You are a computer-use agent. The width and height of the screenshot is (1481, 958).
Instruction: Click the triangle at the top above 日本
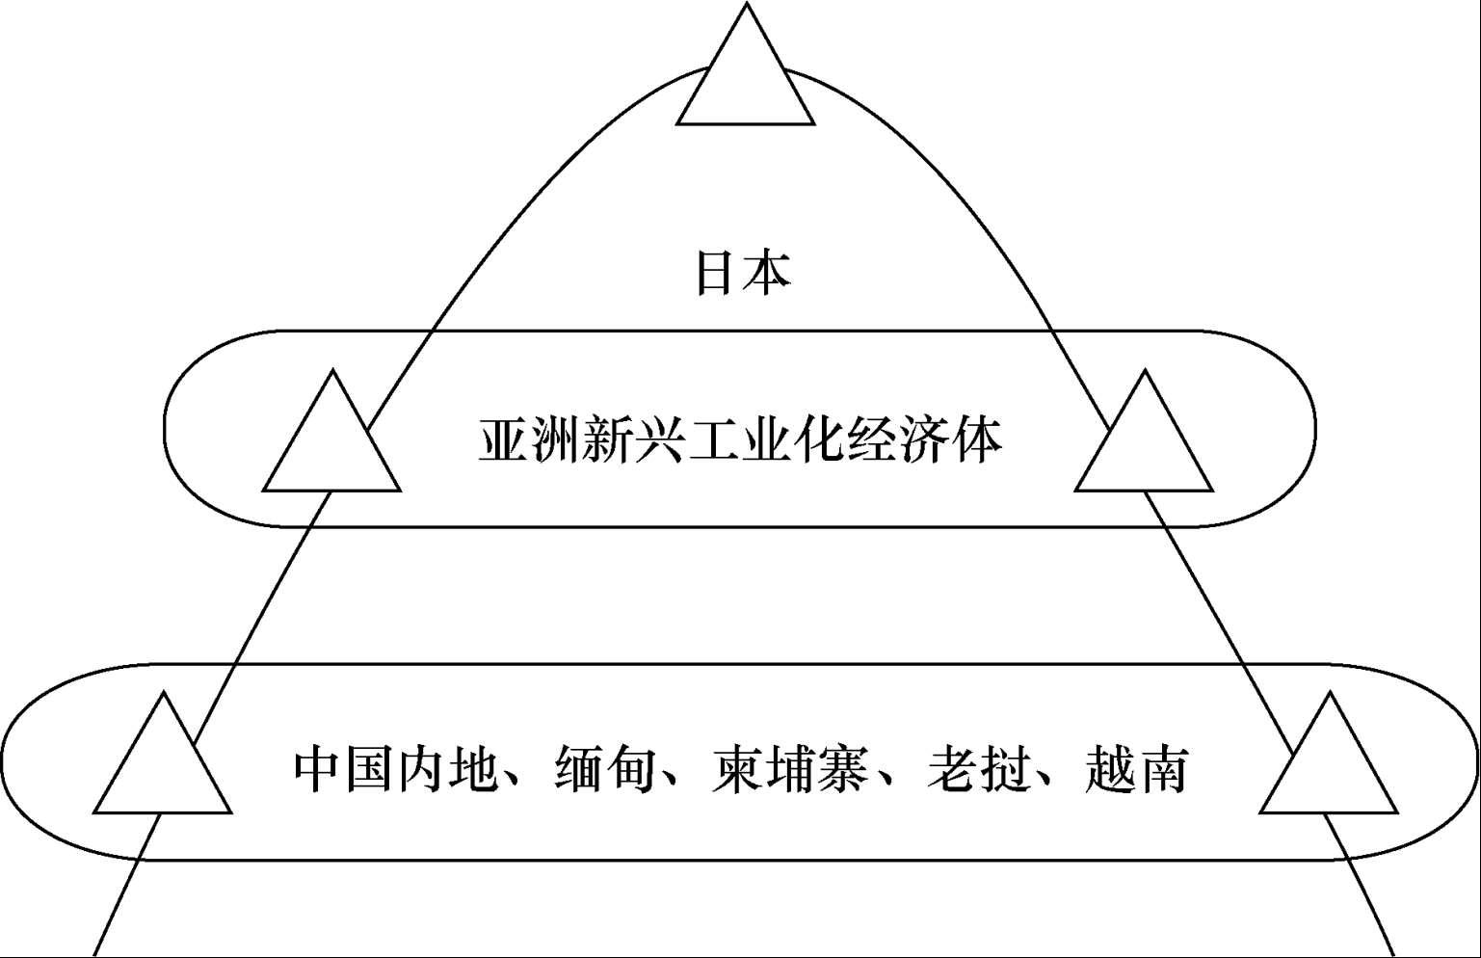[746, 82]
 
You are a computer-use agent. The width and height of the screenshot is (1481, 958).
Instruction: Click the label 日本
[743, 273]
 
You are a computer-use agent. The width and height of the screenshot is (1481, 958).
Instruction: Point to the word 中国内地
[395, 768]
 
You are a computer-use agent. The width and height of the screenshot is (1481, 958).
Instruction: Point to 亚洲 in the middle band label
[530, 441]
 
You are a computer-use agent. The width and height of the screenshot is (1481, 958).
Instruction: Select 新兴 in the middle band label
[634, 441]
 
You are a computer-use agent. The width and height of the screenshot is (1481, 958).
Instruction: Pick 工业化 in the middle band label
[765, 441]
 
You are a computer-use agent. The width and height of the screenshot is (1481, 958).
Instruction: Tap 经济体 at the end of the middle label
[923, 441]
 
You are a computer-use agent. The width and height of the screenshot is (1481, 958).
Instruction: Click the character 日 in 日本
[718, 273]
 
